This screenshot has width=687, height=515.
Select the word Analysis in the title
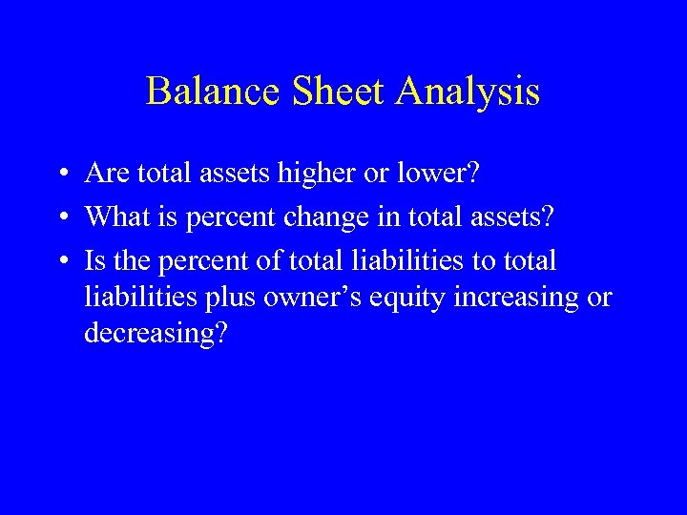pyautogui.click(x=468, y=92)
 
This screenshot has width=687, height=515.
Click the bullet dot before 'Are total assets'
pyautogui.click(x=60, y=174)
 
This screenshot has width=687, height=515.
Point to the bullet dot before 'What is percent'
pyautogui.click(x=60, y=216)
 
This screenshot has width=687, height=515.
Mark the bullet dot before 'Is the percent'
pyautogui.click(x=60, y=260)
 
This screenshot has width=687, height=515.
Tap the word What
pyautogui.click(x=114, y=216)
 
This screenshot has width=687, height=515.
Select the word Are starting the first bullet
pyautogui.click(x=106, y=174)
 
